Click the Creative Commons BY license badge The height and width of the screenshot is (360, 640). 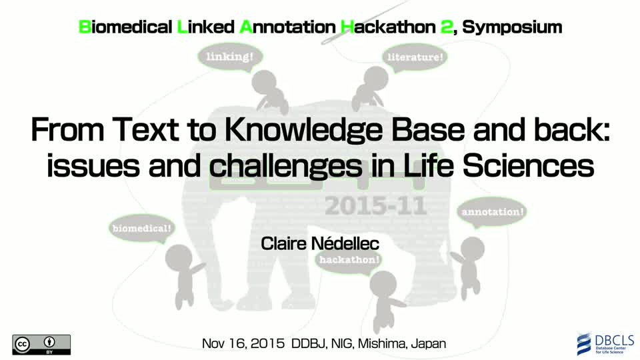click(41, 345)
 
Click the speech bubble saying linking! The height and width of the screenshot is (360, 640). click(230, 57)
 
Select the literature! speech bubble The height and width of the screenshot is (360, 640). click(415, 57)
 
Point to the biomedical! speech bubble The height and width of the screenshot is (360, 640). click(141, 229)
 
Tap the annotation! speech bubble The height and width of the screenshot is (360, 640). click(492, 213)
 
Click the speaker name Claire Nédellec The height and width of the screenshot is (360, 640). click(320, 244)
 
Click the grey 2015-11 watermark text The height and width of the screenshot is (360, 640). click(375, 206)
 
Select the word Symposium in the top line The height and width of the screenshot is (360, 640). click(512, 27)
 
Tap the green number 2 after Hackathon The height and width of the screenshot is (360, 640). click(447, 27)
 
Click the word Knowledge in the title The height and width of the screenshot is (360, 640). click(304, 130)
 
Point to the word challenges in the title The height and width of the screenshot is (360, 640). click(285, 166)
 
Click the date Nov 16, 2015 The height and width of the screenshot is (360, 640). click(243, 344)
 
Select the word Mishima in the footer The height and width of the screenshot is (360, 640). click(381, 344)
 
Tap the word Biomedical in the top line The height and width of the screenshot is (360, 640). click(125, 27)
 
